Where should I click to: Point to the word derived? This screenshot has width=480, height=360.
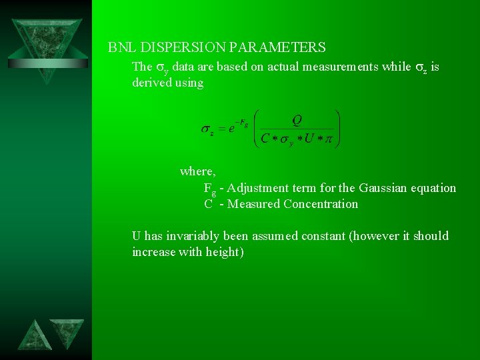[x=152, y=83]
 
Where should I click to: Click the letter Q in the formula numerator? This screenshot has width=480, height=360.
[x=297, y=120]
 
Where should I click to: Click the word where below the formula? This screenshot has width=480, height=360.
[x=197, y=171]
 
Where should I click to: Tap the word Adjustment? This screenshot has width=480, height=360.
[x=256, y=188]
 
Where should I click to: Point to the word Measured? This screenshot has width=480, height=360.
[x=253, y=204]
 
